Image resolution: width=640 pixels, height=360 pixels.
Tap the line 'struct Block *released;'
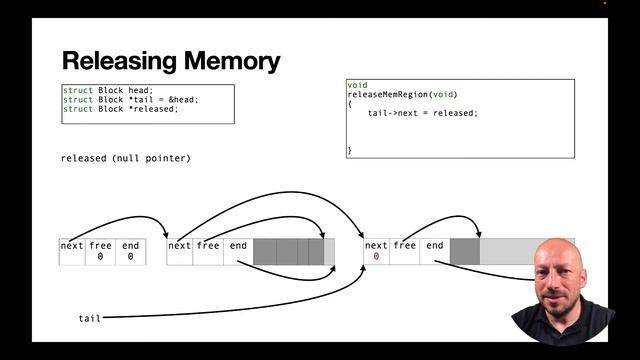pyautogui.click(x=120, y=109)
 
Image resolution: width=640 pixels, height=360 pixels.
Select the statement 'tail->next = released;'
pyautogui.click(x=423, y=113)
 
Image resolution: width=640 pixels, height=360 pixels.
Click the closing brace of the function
pyautogui.click(x=350, y=150)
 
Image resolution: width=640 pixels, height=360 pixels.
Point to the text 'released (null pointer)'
pyautogui.click(x=125, y=158)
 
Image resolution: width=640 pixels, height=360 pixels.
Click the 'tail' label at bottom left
pyautogui.click(x=90, y=318)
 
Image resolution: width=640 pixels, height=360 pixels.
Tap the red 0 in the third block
pyautogui.click(x=376, y=257)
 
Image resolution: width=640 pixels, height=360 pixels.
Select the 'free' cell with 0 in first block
pyautogui.click(x=101, y=251)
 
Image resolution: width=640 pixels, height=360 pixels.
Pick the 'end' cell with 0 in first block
pyautogui.click(x=131, y=251)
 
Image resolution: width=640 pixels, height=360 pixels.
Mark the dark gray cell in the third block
pyautogui.click(x=465, y=251)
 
